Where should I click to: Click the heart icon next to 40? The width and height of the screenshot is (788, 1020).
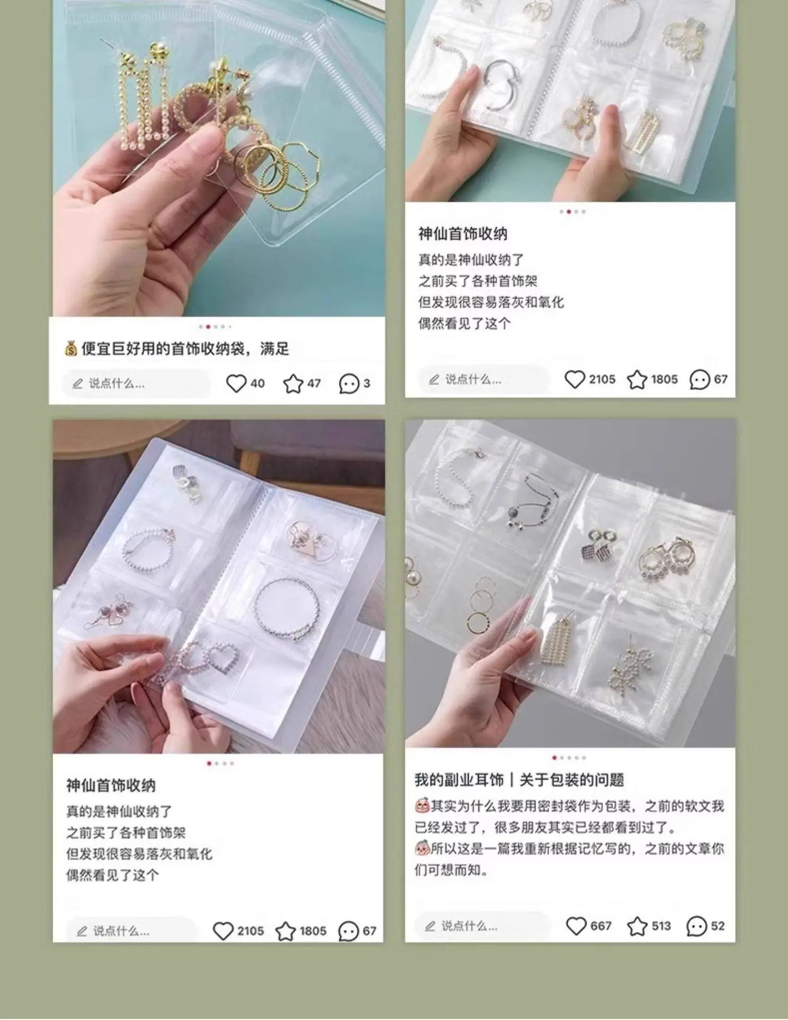(236, 383)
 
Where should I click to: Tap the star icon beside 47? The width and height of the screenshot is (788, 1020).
(293, 383)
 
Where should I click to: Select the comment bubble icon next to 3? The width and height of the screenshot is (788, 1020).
(349, 384)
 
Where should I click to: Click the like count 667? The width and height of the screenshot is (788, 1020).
(601, 925)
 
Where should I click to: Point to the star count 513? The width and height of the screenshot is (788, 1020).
(661, 925)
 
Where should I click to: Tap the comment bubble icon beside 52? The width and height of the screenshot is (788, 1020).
(696, 926)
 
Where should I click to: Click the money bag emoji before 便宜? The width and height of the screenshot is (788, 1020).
(71, 348)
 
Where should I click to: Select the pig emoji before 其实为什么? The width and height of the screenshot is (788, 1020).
(422, 806)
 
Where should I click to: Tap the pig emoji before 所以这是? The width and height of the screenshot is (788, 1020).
(422, 848)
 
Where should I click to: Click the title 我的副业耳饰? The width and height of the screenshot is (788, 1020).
(459, 780)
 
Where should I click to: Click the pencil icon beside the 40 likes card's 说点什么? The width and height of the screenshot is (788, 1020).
(78, 384)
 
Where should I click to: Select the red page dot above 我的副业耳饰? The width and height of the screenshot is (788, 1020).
(554, 758)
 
